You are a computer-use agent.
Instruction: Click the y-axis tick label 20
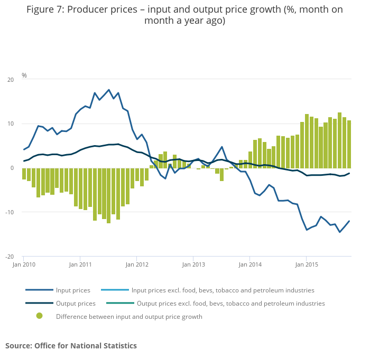(11, 80)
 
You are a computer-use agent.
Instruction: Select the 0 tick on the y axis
(12, 168)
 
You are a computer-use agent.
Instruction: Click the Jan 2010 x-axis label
(24, 264)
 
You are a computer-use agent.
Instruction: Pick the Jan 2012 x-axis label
(137, 264)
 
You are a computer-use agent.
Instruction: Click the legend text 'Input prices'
(73, 290)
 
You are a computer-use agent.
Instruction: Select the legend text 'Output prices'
(75, 304)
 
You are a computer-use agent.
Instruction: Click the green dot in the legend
(40, 316)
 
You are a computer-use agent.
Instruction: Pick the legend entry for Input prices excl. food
(223, 290)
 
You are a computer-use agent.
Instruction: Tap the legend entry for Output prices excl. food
(230, 304)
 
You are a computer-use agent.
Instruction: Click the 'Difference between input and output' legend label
(129, 317)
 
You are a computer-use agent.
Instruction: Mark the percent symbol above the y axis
(24, 75)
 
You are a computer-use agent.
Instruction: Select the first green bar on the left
(24, 174)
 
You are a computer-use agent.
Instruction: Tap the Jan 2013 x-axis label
(193, 264)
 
